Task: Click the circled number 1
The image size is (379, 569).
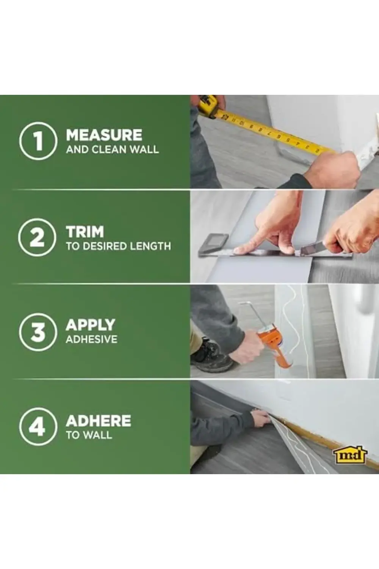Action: point(38,141)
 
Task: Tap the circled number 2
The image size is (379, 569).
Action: point(37,237)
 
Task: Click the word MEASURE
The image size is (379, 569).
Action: point(104,135)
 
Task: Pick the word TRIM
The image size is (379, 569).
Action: point(85,232)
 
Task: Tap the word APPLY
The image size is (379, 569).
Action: point(91,325)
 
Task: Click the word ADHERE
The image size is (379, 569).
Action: point(99,421)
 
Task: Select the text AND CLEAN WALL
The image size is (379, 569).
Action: point(112,149)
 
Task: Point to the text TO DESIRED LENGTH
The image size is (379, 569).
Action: point(119,246)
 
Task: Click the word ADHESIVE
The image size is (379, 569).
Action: point(92,340)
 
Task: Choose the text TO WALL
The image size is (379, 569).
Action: point(89,435)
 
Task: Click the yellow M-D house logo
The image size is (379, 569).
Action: point(350,455)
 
